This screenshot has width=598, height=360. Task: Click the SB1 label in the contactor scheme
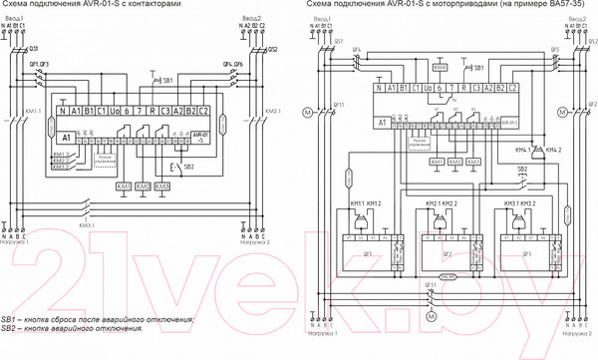[167, 77]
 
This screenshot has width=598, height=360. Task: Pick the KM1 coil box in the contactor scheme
[124, 186]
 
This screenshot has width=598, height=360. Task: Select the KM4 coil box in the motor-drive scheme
[441, 67]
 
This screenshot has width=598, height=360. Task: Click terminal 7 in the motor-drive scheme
[439, 90]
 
